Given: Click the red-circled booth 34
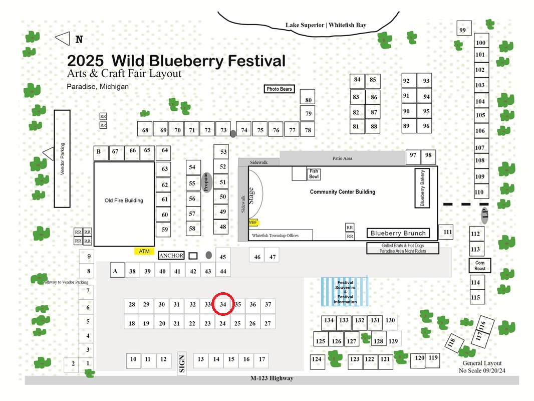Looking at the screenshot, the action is (223, 304).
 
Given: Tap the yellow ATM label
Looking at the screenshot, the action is (144, 252).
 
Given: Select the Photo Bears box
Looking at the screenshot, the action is (279, 89).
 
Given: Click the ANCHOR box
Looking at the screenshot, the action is (171, 256).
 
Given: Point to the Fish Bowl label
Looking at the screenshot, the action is (314, 174).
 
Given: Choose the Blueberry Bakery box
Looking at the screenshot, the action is (422, 188).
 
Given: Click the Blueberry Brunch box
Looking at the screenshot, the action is (398, 234).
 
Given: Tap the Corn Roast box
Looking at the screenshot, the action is (480, 265).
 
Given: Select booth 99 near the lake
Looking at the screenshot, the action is (464, 28).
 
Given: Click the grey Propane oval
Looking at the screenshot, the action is (206, 182).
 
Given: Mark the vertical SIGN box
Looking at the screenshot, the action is (182, 363).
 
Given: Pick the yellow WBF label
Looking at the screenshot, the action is (253, 223).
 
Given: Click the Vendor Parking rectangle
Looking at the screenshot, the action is (62, 159).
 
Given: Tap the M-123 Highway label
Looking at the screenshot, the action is (272, 378).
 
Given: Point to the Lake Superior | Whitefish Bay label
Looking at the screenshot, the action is (326, 25).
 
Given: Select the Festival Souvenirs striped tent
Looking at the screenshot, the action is (345, 292).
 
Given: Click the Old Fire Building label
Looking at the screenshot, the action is (124, 200).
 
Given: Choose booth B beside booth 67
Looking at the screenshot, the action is (101, 153).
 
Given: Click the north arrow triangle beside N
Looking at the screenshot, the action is (63, 39).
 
